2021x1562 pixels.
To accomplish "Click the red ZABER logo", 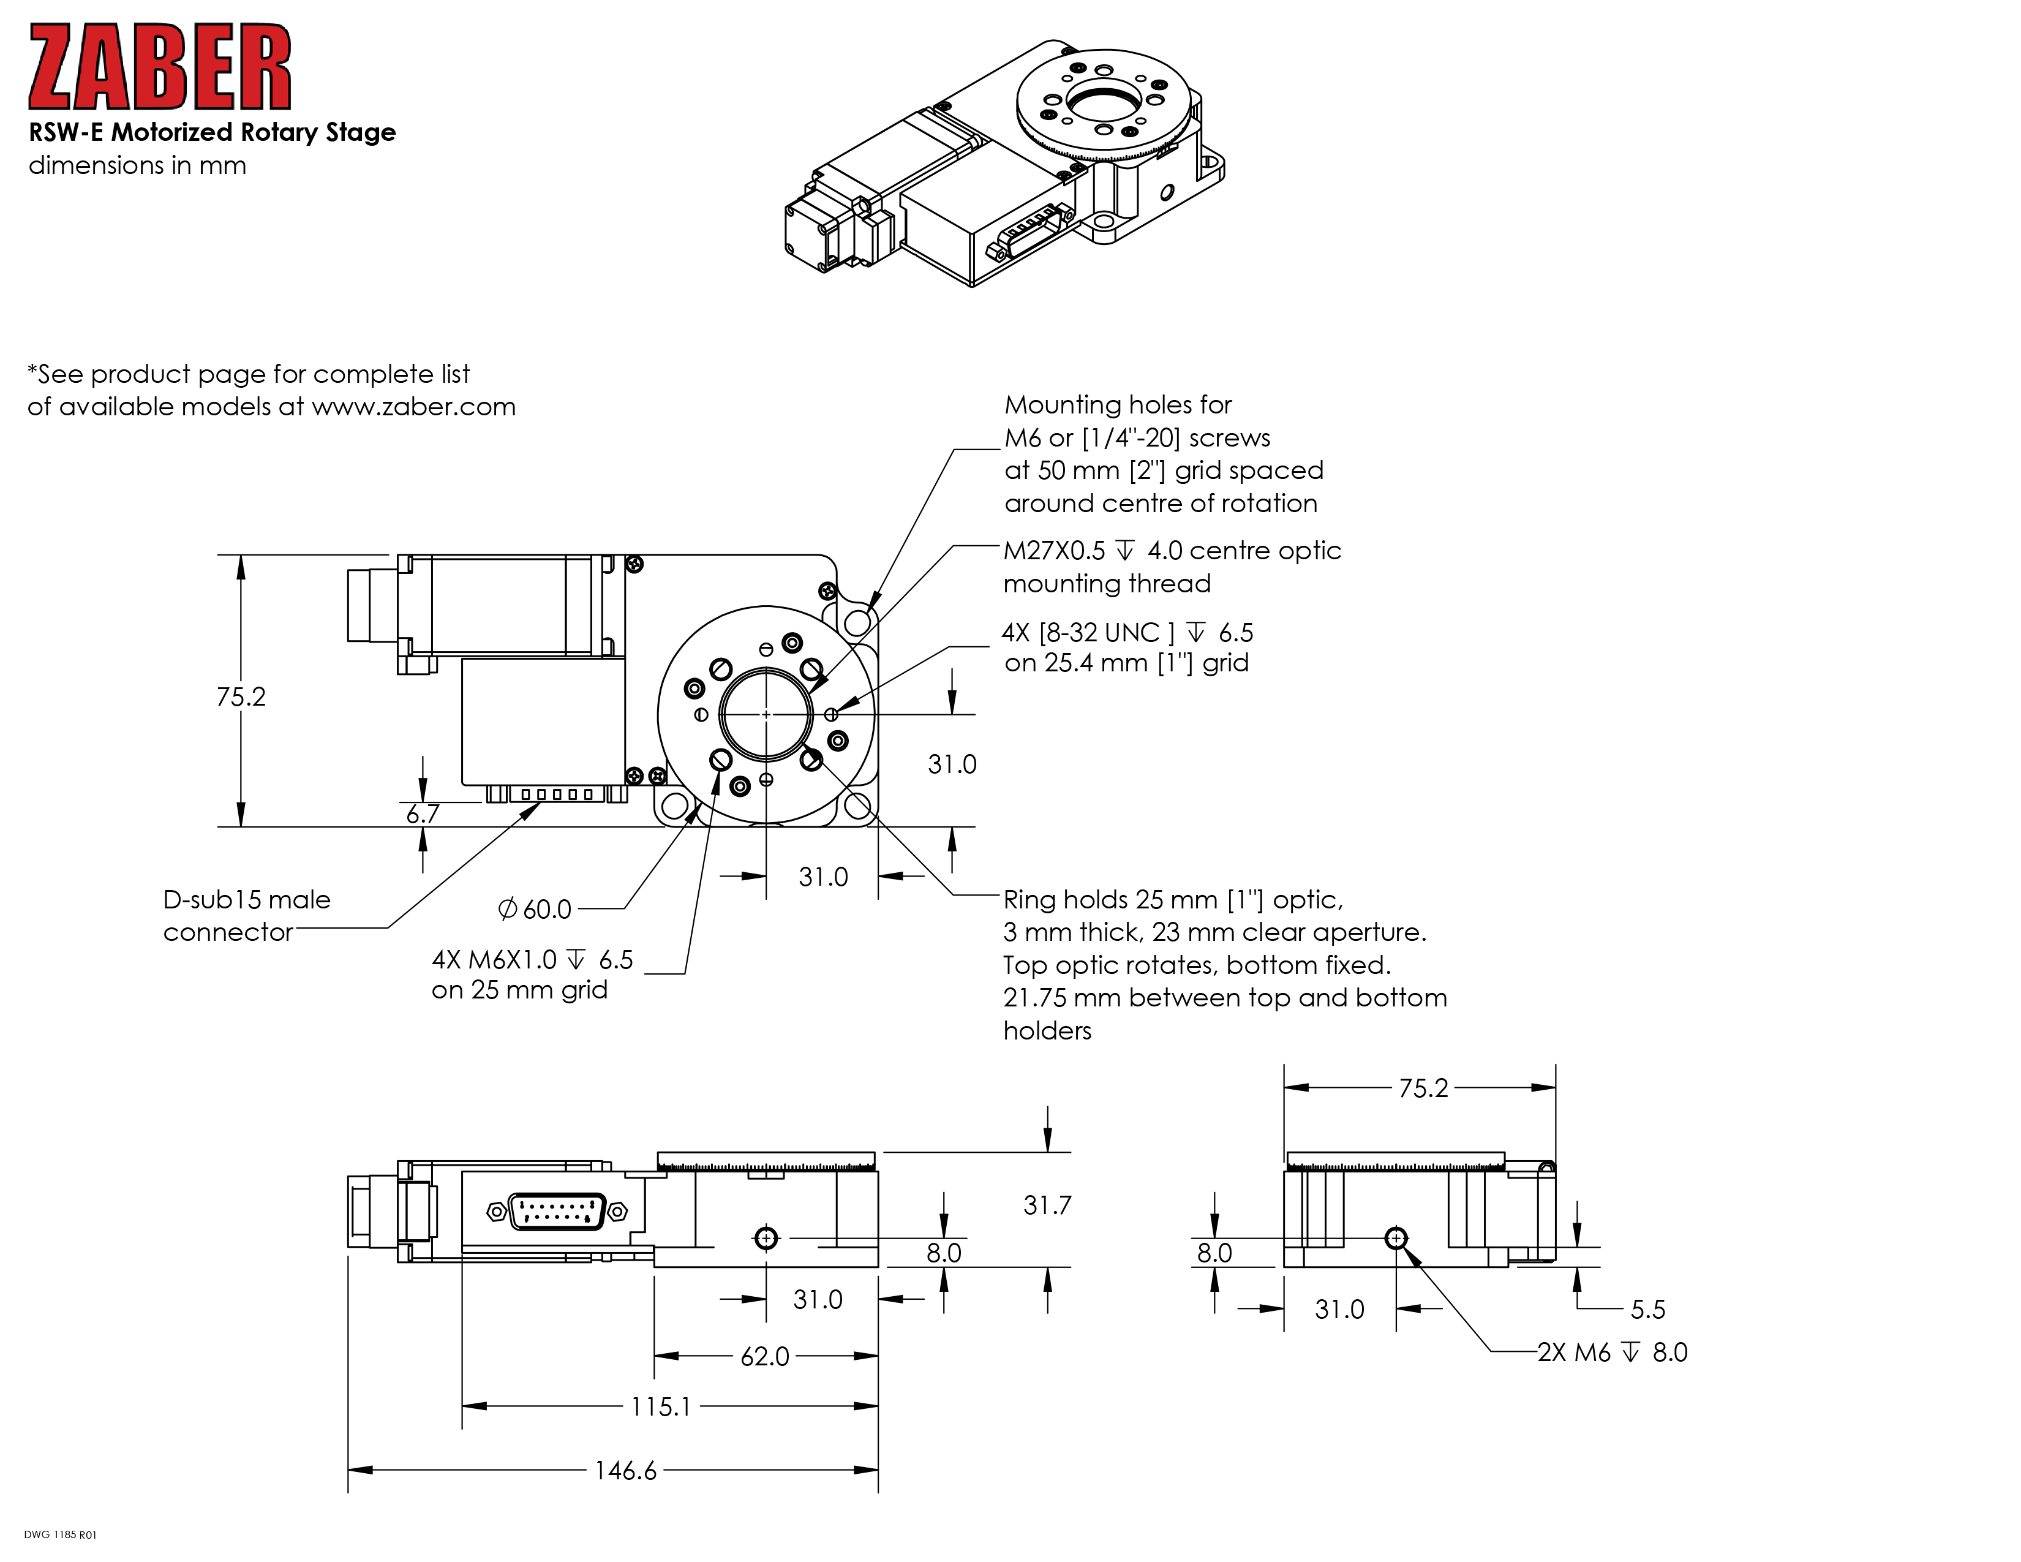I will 160,67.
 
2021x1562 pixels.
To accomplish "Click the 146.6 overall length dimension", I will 625,1470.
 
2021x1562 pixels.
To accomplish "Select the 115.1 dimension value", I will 661,1406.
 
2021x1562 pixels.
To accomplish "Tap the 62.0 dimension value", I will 764,1357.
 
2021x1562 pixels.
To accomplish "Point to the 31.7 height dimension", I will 1047,1205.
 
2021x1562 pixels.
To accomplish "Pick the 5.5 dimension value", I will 1647,1310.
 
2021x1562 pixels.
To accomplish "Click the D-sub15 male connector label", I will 246,915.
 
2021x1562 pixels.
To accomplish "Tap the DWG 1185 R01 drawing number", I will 60,1534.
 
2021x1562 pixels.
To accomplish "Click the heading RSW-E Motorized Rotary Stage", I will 212,132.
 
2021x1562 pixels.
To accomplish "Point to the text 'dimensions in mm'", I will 137,165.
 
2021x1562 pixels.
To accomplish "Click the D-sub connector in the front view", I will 557,1211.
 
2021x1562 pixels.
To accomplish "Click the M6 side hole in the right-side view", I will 1396,1238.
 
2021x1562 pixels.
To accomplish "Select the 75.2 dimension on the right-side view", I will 1422,1088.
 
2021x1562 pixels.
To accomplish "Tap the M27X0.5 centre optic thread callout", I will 1172,567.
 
